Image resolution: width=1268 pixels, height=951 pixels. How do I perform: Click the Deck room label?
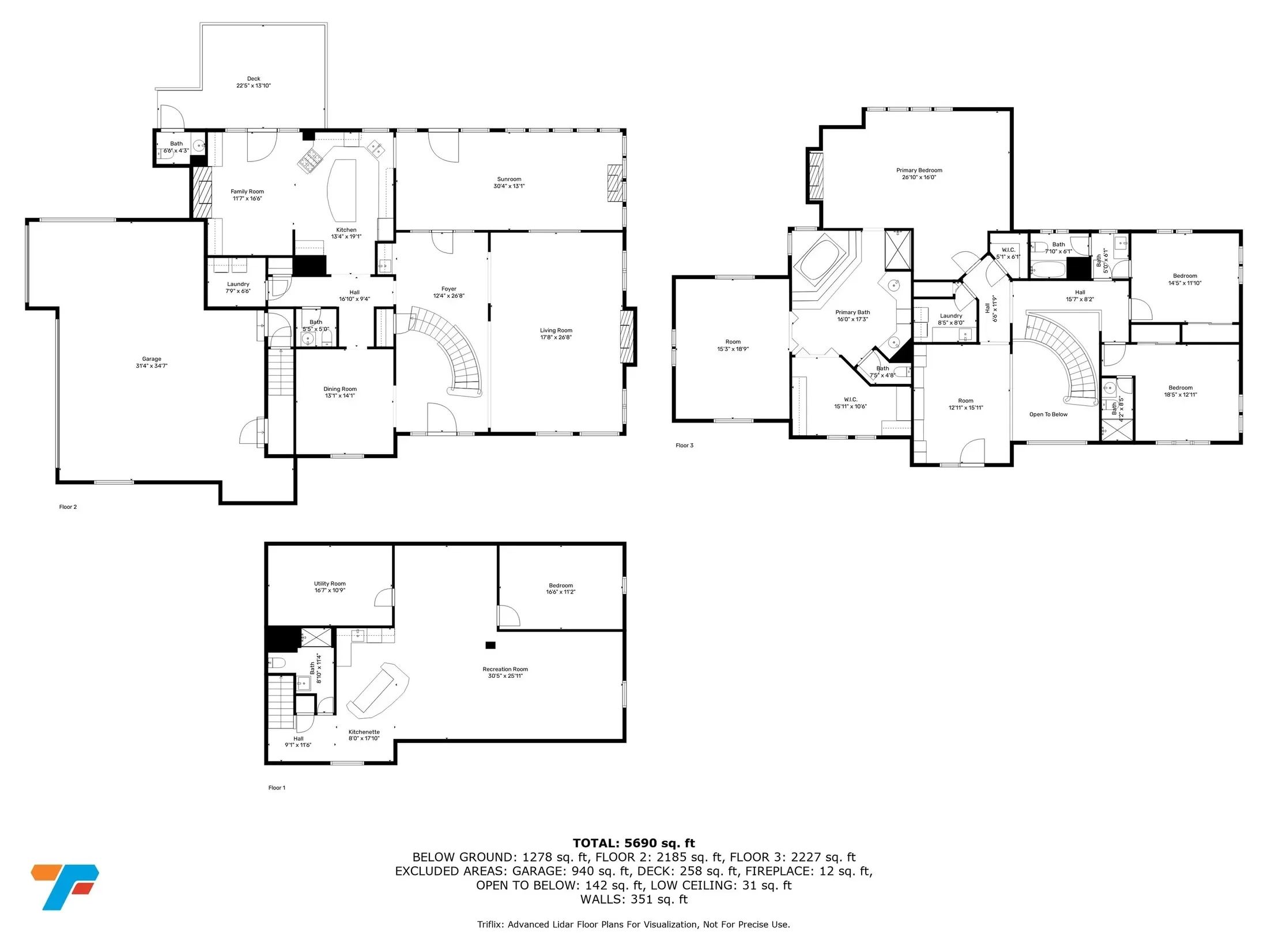[254, 78]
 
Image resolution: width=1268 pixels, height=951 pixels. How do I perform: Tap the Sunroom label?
[509, 179]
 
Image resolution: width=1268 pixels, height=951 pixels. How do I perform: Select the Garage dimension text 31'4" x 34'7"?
[152, 366]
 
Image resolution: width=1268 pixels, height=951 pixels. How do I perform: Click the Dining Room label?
[340, 389]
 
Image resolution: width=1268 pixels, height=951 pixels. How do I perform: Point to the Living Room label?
[556, 331]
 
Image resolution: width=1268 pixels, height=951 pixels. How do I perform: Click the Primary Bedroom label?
[919, 171]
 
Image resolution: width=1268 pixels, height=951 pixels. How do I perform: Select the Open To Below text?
[1048, 414]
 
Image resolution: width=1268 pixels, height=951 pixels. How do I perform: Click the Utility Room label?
[330, 584]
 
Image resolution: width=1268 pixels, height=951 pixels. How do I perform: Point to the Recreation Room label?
[505, 670]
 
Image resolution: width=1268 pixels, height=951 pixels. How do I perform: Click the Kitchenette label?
[364, 732]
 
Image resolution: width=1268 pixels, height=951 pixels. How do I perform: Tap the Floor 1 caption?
[277, 788]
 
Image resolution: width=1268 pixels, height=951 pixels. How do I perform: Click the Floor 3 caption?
[685, 446]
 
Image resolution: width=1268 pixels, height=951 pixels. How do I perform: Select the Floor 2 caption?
[68, 507]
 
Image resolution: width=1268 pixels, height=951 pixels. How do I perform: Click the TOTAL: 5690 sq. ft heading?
[634, 844]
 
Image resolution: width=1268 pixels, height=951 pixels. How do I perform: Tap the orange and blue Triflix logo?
[65, 886]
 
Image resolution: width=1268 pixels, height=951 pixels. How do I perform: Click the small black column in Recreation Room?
[490, 645]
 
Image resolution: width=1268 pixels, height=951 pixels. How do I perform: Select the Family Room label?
[247, 192]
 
